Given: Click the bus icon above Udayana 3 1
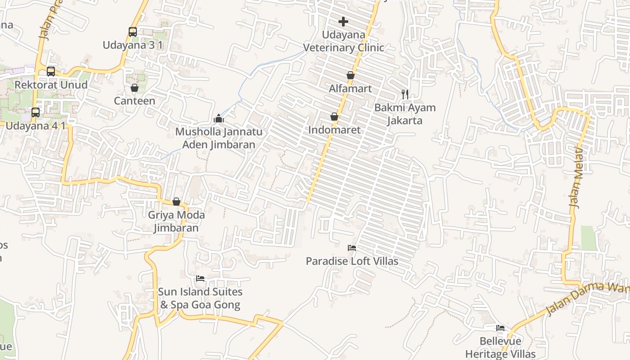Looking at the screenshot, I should (132, 31).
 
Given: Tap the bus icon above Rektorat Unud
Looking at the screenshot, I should (51, 71).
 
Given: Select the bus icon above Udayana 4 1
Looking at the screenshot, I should (35, 112).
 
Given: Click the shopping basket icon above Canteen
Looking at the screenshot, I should (134, 88).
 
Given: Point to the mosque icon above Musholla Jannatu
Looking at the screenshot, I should (219, 118).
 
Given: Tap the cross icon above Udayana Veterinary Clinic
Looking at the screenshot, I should (343, 21).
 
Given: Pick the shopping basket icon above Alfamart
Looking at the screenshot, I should (351, 75).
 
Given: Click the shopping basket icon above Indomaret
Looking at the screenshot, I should (334, 117).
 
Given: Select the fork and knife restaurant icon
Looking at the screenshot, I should (405, 94).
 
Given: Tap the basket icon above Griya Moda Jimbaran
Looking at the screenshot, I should (176, 202).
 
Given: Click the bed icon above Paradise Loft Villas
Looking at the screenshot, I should (352, 247).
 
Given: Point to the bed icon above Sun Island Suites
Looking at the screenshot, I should (200, 279).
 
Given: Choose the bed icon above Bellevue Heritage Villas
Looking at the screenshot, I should (500, 328).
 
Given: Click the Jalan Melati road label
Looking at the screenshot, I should (576, 177).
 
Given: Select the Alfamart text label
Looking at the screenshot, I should (351, 89).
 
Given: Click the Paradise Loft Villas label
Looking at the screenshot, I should (352, 261).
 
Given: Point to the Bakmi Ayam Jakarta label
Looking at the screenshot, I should (405, 114).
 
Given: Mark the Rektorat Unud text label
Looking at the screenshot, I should (51, 85).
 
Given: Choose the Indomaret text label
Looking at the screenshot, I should (334, 130).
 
